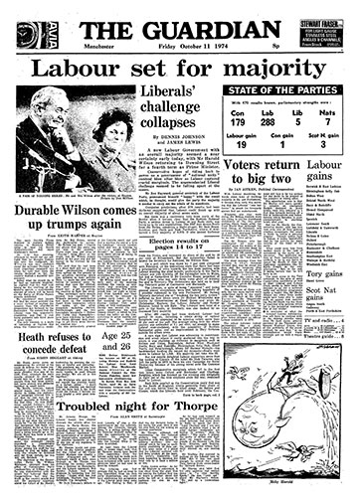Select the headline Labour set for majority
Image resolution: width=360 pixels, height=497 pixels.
[x=179, y=70]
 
